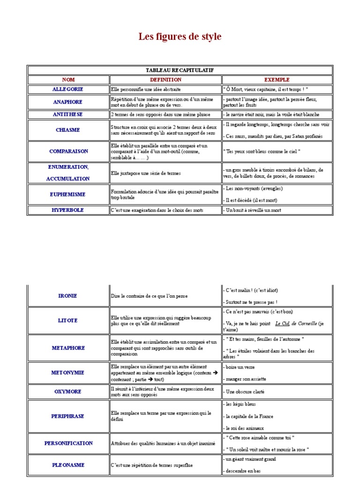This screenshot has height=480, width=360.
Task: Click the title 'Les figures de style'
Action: (180, 37)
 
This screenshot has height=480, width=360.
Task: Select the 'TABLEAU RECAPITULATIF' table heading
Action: (180, 70)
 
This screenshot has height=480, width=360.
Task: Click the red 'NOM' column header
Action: (68, 80)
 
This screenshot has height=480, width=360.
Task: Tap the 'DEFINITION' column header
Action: (165, 80)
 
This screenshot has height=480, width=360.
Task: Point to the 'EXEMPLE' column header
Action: (277, 80)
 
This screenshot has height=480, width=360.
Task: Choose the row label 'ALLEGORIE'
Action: (68, 89)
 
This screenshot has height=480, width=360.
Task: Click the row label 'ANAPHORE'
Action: (68, 102)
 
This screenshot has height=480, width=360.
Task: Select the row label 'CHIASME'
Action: (68, 130)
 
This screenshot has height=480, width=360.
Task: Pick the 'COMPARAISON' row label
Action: (68, 151)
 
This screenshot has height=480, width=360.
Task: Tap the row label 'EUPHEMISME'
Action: (68, 195)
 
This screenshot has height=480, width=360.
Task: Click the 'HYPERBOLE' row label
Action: (68, 210)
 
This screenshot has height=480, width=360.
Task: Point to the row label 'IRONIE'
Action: (68, 296)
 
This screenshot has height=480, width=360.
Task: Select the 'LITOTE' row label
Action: (68, 320)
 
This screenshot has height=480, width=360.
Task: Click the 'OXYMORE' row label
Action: (68, 391)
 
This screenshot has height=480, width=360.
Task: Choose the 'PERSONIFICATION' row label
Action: (68, 443)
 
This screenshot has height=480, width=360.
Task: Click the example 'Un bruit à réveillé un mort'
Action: (253, 210)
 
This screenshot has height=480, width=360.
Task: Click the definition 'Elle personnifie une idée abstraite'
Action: (145, 89)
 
